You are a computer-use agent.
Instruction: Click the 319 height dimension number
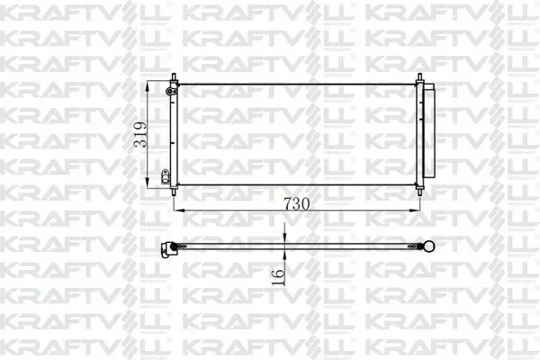coord(139,134)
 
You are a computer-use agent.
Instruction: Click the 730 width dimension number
coord(296,204)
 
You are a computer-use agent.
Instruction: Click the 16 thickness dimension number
coord(278,277)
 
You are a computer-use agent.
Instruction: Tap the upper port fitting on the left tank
coord(170,91)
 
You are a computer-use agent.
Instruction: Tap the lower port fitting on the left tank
coord(166,176)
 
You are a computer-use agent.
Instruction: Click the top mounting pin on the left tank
coord(174,77)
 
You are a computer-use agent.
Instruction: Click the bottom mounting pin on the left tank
coord(174,191)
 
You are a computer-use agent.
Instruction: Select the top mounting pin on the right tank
coord(419,78)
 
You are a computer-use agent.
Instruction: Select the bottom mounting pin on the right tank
coord(419,191)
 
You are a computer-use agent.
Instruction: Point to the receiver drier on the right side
coord(429,130)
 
